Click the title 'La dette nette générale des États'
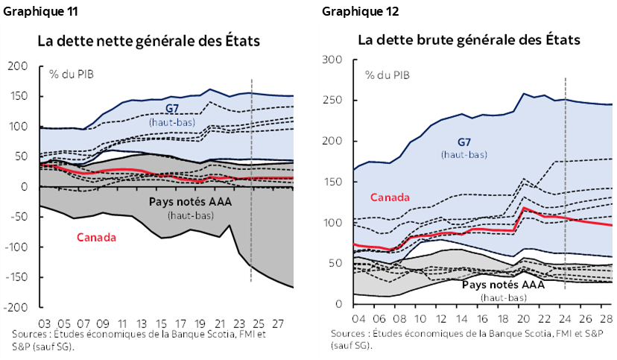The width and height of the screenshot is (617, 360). coord(148,41)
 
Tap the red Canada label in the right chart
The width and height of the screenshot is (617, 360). coord(390,198)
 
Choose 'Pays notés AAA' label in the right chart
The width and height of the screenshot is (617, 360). coord(504,285)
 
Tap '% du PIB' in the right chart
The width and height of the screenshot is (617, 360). coord(387,74)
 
